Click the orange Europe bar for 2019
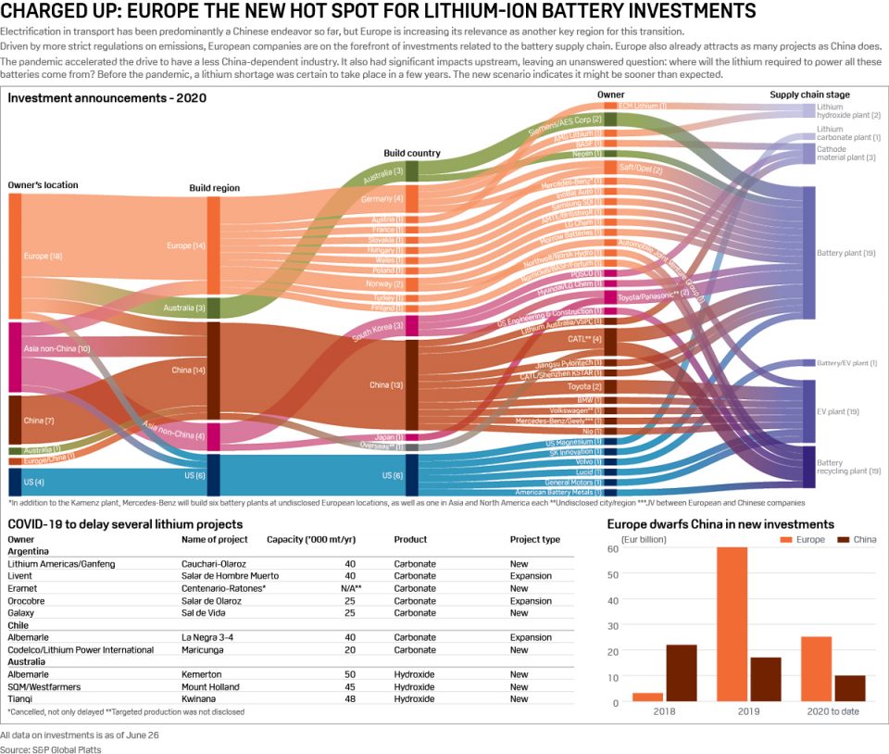[x=732, y=624]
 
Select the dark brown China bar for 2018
[x=682, y=673]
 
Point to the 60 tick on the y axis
[x=613, y=548]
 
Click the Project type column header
[x=534, y=539]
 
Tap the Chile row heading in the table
[x=19, y=625]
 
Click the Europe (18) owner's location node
[x=15, y=257]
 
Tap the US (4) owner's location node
[x=15, y=482]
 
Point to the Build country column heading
[x=412, y=153]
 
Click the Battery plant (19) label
[x=845, y=253]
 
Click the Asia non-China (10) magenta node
[x=15, y=358]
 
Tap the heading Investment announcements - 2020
[x=107, y=97]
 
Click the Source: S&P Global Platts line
[x=51, y=748]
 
